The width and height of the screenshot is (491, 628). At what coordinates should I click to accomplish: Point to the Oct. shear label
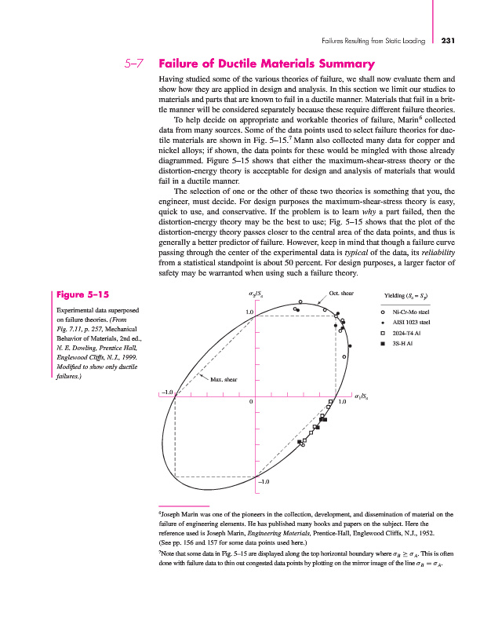click(x=341, y=294)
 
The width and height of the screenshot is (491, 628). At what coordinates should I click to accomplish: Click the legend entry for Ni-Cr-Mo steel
click(x=409, y=312)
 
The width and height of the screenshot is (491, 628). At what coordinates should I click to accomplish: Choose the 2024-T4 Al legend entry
click(x=407, y=333)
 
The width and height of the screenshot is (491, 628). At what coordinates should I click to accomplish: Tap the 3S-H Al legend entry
click(x=403, y=343)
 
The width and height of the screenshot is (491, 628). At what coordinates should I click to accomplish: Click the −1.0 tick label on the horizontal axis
click(x=166, y=390)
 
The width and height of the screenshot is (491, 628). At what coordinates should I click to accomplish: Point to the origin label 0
click(x=250, y=403)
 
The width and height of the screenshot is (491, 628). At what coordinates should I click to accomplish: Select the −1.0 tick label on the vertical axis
click(x=264, y=480)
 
